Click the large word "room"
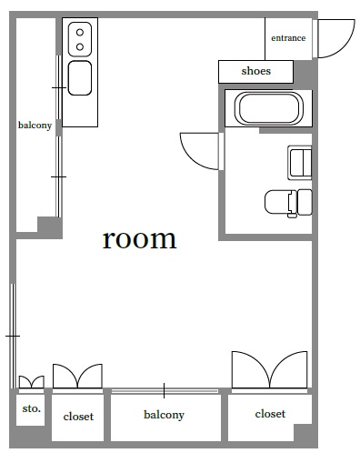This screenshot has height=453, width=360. point(139,239)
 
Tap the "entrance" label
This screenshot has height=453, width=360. point(288,38)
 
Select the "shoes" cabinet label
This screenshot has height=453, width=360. point(256,71)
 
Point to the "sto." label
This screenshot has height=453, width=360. point(31,408)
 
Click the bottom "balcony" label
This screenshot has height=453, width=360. point(164,415)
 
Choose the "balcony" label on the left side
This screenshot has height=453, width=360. point(35,126)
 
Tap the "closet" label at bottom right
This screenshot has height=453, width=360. point(270,414)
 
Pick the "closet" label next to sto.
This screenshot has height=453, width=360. point(78,417)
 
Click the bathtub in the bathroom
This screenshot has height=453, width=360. point(269,109)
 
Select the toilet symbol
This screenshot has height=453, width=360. point(288,203)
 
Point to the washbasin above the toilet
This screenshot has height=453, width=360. point(299,163)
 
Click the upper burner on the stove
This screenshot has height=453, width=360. point(80,32)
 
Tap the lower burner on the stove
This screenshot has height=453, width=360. point(80,46)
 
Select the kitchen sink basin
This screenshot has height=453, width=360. point(80,78)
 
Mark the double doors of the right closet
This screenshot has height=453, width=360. point(269,369)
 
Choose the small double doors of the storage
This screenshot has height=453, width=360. point(32,382)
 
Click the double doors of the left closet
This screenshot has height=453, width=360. point(77,376)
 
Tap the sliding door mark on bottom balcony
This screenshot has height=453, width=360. point(164,390)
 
